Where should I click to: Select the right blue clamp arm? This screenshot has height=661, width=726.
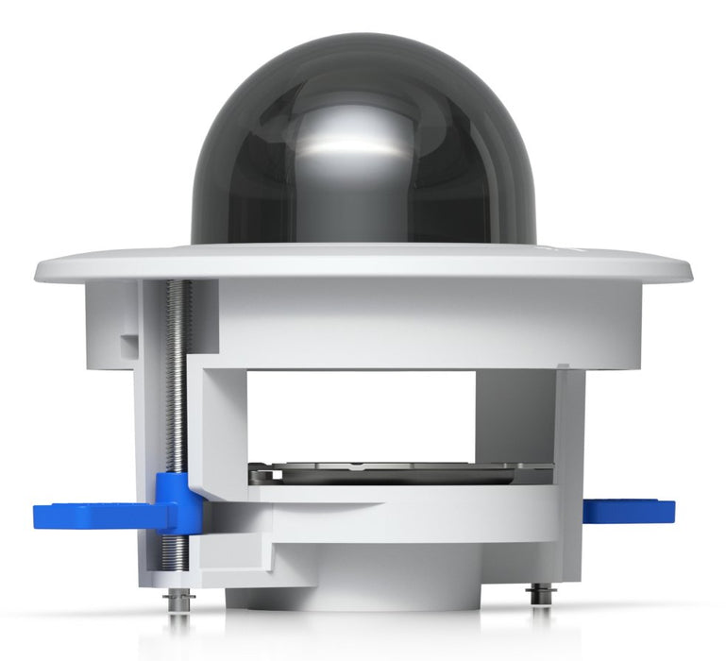628,511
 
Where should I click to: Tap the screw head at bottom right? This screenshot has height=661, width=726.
539,593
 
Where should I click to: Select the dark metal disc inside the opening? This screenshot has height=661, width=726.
397,472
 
